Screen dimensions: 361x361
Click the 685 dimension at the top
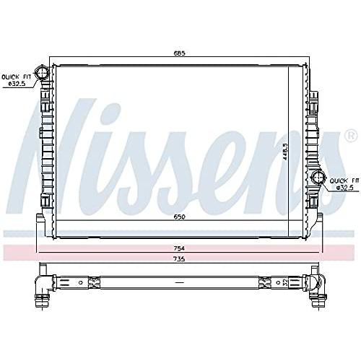[x=180, y=53]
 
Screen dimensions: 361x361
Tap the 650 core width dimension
[x=180, y=217]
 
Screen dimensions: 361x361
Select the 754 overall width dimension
[x=180, y=248]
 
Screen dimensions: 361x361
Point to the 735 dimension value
[x=180, y=259]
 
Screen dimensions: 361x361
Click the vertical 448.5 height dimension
[x=285, y=152]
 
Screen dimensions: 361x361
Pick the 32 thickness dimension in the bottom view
[x=285, y=282]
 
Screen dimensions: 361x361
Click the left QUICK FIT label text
[x=17, y=77]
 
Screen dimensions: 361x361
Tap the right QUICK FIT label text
[x=344, y=180]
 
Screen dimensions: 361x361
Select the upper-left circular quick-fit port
[x=42, y=72]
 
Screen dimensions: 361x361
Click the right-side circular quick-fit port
[x=318, y=178]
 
